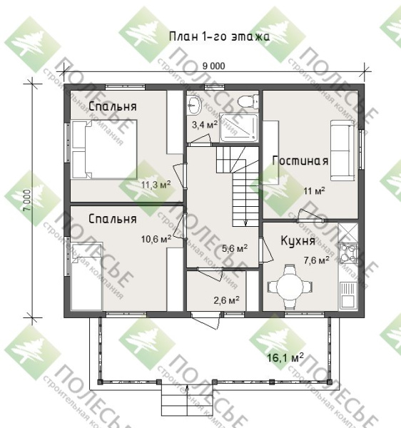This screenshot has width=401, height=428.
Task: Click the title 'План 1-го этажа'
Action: tap(219, 36)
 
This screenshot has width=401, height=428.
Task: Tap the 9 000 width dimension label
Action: tap(214, 66)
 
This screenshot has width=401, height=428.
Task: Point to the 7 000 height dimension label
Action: tap(26, 200)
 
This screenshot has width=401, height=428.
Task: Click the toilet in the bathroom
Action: tap(248, 101)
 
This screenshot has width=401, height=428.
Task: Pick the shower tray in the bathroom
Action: tap(239, 128)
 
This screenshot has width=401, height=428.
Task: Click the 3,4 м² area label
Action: tap(205, 125)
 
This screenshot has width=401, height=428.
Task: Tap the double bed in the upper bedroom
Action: tap(103, 149)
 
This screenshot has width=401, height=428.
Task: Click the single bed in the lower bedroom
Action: tap(86, 276)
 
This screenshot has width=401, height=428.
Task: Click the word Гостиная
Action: tap(300, 160)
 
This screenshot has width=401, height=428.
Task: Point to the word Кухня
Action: tap(298, 241)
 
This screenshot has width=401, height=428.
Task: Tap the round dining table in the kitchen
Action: tap(290, 286)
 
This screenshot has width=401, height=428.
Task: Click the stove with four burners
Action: tap(348, 253)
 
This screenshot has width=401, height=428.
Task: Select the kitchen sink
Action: tap(348, 294)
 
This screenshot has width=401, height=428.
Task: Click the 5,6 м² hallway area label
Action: tap(235, 248)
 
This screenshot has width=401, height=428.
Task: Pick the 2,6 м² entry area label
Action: tap(227, 300)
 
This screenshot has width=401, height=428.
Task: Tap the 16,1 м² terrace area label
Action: tap(285, 357)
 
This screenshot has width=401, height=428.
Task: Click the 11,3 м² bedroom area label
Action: tap(156, 185)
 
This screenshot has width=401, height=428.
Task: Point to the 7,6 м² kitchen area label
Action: tap(316, 260)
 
